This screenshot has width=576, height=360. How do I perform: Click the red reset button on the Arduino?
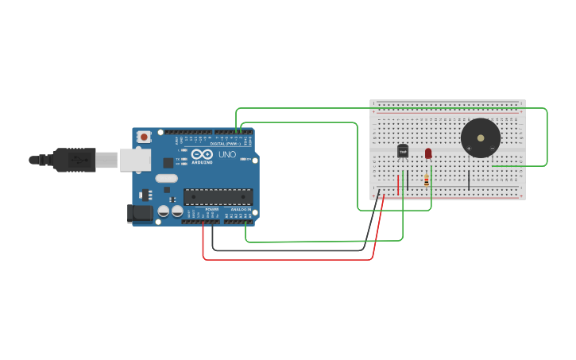(144, 137)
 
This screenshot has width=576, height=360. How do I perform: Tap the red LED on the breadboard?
(428, 153)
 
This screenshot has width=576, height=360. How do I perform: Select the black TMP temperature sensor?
(403, 150)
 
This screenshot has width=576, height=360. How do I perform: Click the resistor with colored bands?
(427, 180)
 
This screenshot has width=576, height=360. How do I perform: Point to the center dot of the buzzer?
(481, 137)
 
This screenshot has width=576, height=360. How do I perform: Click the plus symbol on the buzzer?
(469, 148)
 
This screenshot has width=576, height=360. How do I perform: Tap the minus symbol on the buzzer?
(493, 148)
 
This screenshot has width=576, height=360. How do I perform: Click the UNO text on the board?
(227, 154)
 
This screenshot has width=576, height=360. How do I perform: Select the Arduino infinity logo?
(202, 154)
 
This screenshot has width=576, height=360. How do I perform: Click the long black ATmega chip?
(218, 196)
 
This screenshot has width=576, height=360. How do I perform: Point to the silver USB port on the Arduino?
(135, 160)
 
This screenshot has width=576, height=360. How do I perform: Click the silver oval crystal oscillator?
(166, 178)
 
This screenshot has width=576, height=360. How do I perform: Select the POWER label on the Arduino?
(212, 209)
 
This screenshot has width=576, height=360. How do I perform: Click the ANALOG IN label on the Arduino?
(241, 209)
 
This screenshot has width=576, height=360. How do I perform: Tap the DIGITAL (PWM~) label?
(226, 143)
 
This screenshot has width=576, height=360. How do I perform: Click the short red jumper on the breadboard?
(398, 184)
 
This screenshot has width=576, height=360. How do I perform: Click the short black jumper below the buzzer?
(469, 180)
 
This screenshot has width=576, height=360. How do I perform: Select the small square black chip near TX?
(168, 162)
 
